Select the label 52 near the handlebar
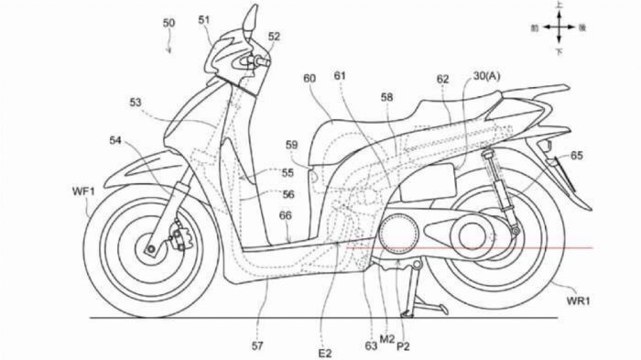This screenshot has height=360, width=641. (x=275, y=37)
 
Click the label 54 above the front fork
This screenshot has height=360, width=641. (x=116, y=140)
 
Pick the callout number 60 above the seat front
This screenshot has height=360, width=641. (x=310, y=80)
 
